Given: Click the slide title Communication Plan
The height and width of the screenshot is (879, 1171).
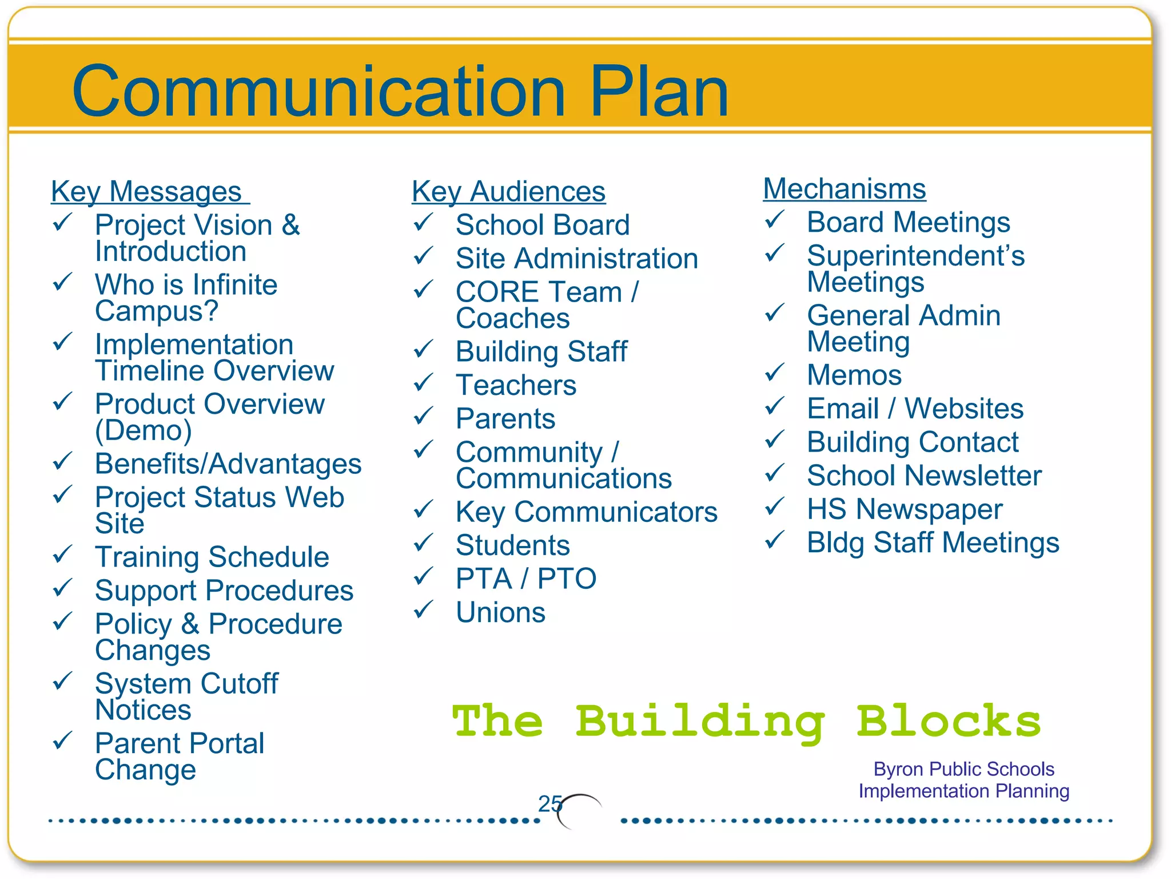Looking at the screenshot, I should (400, 92).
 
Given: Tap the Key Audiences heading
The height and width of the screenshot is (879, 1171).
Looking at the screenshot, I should (508, 192).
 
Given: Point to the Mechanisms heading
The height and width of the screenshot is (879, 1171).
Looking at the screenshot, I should (845, 189).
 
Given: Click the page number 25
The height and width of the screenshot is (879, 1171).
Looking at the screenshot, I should (549, 804).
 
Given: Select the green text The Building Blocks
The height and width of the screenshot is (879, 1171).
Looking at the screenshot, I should (746, 722).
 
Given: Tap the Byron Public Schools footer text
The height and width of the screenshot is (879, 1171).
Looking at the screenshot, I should (963, 769).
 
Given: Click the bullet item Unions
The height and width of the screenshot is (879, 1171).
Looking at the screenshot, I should (500, 612).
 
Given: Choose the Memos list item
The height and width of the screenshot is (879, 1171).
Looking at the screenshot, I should (854, 375).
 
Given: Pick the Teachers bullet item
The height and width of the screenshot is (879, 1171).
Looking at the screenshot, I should (516, 385).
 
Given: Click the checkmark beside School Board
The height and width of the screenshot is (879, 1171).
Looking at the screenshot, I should (424, 223).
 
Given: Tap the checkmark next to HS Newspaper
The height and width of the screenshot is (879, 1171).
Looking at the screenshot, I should (775, 506).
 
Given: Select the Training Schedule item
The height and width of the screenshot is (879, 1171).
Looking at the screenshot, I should (212, 557).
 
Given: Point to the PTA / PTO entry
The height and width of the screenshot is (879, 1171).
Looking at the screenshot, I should (526, 579).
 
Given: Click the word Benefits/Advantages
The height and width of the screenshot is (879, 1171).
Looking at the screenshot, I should (228, 464).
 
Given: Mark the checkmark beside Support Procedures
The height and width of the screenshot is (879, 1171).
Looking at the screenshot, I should (62, 588).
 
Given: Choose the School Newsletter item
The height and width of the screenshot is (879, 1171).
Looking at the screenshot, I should (924, 476).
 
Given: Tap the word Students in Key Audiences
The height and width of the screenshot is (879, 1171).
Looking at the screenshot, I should (513, 545).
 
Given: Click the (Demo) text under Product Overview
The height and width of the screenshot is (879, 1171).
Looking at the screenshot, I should (144, 430).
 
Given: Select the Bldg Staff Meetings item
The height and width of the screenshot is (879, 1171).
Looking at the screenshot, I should (933, 543).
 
